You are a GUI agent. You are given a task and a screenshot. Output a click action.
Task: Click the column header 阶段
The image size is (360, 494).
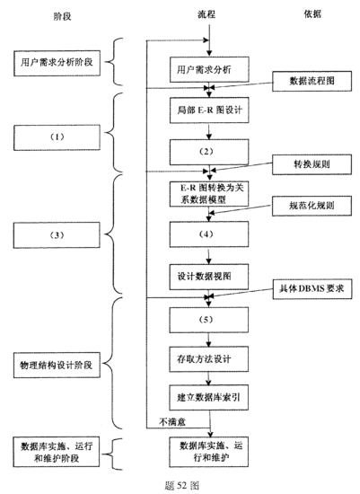click(42, 16)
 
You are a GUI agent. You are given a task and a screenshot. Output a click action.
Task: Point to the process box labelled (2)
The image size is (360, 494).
click(207, 150)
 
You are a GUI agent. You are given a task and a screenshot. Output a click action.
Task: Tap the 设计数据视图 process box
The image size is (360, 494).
click(207, 273)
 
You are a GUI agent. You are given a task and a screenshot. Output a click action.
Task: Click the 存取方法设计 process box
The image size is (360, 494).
click(207, 360)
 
